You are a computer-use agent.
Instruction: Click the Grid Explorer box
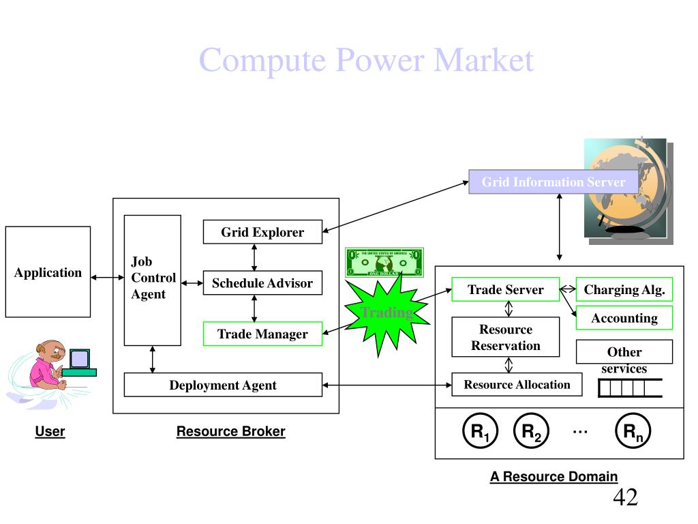[262, 232]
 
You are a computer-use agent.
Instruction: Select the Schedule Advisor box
[262, 283]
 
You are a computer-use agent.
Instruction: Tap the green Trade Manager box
[262, 334]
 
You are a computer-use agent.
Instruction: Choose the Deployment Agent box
[223, 385]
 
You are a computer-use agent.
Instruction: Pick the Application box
[48, 272]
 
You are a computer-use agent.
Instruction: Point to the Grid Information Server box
[553, 182]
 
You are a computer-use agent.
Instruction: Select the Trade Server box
[505, 289]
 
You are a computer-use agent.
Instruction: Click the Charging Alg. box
[624, 289]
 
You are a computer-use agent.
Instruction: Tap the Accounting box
[624, 318]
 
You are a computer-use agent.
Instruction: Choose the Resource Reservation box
[505, 337]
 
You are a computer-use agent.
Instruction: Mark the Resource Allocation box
[517, 384]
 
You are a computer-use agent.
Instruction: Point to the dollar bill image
[384, 262]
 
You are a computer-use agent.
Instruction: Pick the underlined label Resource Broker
[230, 431]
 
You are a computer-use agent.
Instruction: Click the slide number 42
[625, 497]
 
